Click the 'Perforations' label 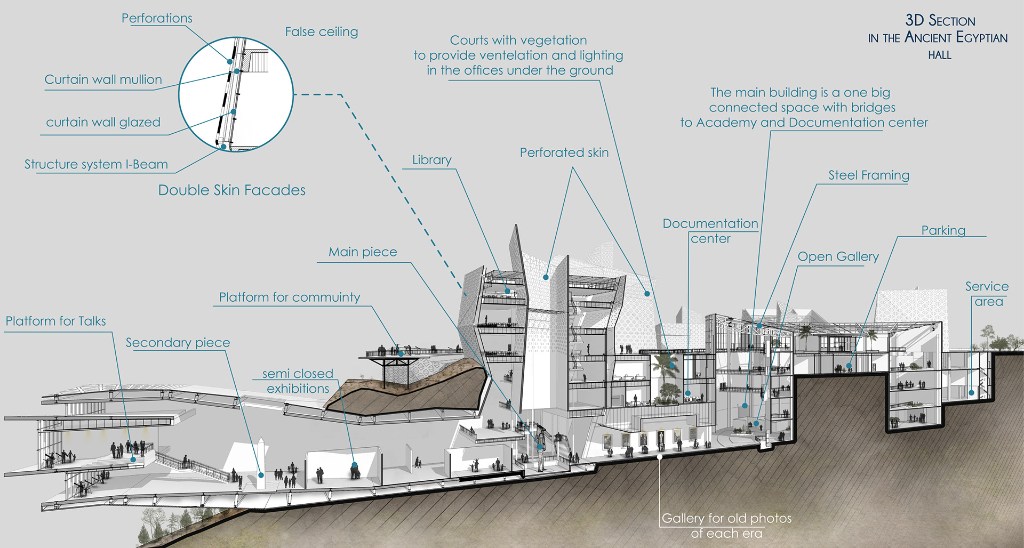[x=157, y=18]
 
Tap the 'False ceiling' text [x=321, y=32]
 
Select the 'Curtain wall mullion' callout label [x=103, y=79]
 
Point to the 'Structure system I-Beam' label [x=96, y=164]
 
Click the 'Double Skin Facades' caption [x=231, y=190]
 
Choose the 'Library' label [x=431, y=160]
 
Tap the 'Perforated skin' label [x=564, y=153]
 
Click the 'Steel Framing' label [x=868, y=175]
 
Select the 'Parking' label [x=943, y=230]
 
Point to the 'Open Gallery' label [x=837, y=257]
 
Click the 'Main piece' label [x=363, y=252]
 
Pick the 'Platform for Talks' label [x=55, y=321]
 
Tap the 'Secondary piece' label [x=178, y=343]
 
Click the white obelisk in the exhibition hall [x=261, y=463]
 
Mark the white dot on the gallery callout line [x=660, y=457]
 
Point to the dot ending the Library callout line [x=508, y=292]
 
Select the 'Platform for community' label [x=289, y=297]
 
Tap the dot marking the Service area [x=971, y=393]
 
